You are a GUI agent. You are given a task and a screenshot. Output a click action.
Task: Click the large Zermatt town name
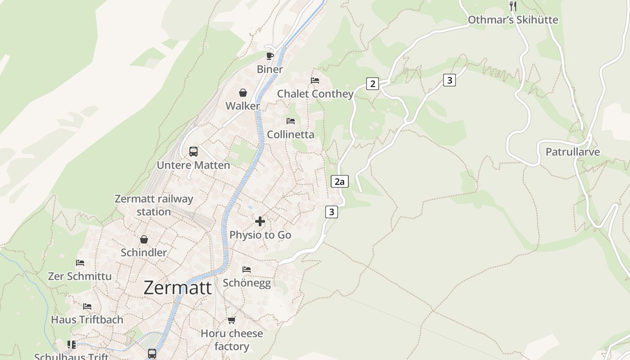tap(177, 288)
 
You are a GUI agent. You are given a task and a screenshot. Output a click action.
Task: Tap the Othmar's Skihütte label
tap(513, 20)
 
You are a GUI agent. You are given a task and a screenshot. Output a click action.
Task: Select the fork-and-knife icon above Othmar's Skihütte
tap(513, 6)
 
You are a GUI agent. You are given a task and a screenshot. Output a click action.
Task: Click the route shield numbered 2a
tap(340, 181)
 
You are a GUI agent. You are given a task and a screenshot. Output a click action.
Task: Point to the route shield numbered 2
tap(372, 84)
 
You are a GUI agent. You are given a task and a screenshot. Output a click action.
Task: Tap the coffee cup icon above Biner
tap(270, 56)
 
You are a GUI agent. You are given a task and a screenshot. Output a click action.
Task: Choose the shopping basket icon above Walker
tap(243, 93)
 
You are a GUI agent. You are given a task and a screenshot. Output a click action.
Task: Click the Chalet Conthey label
tap(315, 94)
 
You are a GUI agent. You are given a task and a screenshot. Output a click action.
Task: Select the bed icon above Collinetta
tap(291, 121)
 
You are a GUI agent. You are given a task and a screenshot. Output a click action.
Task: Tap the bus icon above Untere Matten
tap(193, 152)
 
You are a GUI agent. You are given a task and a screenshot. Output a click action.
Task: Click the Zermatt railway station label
tap(154, 205)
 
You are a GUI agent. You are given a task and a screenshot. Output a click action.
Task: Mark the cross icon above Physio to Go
tap(260, 221)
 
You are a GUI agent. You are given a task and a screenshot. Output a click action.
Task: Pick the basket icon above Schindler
tap(144, 239)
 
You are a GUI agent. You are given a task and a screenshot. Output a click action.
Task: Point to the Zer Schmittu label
tap(80, 276)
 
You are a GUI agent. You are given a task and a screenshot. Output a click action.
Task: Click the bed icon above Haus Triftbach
tap(87, 306)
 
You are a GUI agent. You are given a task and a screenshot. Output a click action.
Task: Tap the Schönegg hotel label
tap(247, 283)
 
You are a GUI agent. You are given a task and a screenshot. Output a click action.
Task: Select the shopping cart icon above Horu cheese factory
tap(231, 320)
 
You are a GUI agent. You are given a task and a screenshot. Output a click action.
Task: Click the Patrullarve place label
tap(572, 152)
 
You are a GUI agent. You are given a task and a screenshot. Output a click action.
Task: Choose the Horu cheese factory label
tap(232, 340)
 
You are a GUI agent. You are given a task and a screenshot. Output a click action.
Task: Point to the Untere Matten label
tap(193, 165)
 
